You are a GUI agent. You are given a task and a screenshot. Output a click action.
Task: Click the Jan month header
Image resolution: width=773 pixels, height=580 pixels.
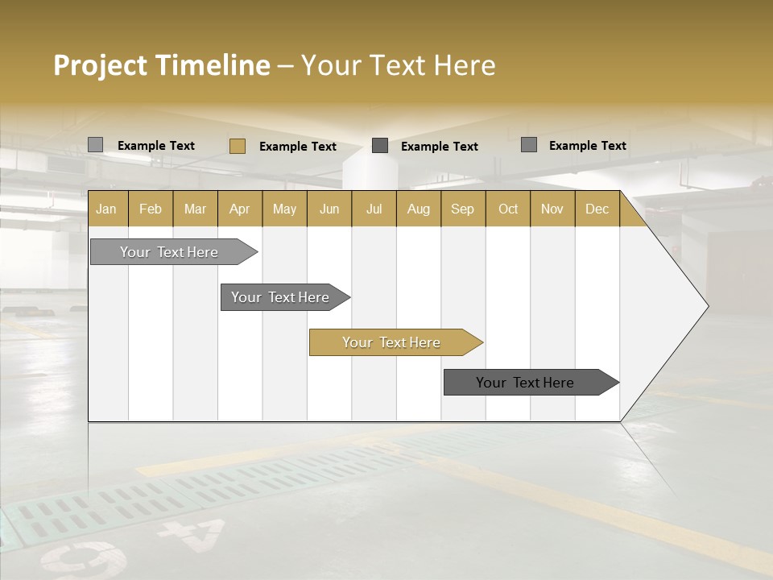point(107,209)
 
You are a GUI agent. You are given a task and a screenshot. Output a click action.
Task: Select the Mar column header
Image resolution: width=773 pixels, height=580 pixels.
point(195,209)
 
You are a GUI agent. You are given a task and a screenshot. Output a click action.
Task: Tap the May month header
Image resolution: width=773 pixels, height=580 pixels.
point(284,209)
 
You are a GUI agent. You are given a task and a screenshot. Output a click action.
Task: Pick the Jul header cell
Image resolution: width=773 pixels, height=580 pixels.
point(374,209)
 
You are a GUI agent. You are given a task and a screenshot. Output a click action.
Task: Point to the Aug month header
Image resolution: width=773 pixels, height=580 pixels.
point(418,209)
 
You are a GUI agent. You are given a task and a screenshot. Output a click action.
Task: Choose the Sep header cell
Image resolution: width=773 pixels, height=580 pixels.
point(462,209)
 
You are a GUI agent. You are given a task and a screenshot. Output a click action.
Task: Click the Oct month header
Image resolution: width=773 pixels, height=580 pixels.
point(508,209)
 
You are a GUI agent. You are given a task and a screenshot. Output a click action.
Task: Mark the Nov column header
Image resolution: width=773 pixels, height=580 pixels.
point(552,209)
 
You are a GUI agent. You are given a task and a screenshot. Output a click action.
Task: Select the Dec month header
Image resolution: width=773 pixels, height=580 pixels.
point(597,209)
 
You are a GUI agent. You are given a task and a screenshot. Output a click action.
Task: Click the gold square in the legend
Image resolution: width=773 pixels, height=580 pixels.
point(237,146)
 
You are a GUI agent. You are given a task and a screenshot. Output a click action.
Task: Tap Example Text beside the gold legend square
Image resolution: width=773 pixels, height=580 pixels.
point(297,147)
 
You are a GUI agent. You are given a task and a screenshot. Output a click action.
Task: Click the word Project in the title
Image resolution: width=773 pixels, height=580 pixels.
point(101,65)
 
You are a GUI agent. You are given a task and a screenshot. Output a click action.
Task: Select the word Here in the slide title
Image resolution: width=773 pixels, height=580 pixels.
point(465,65)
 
